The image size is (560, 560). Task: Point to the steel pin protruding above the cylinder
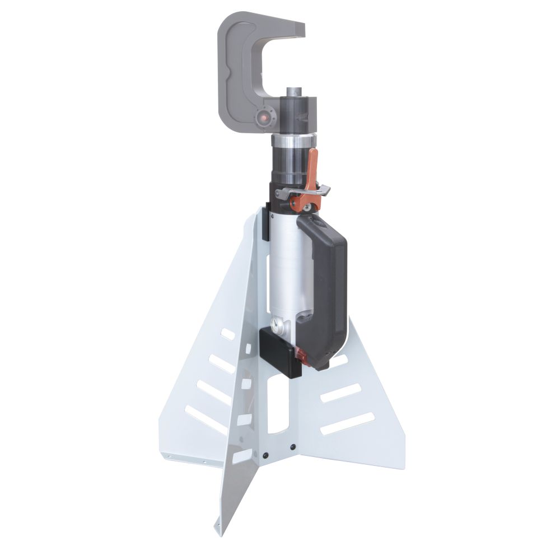(294, 92)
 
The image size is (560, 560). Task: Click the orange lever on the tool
(312, 168)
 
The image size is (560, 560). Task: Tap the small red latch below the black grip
(301, 354)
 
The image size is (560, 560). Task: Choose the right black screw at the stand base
(292, 447)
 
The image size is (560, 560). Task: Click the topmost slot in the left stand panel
(228, 334)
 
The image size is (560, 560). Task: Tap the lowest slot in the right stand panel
(347, 423)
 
